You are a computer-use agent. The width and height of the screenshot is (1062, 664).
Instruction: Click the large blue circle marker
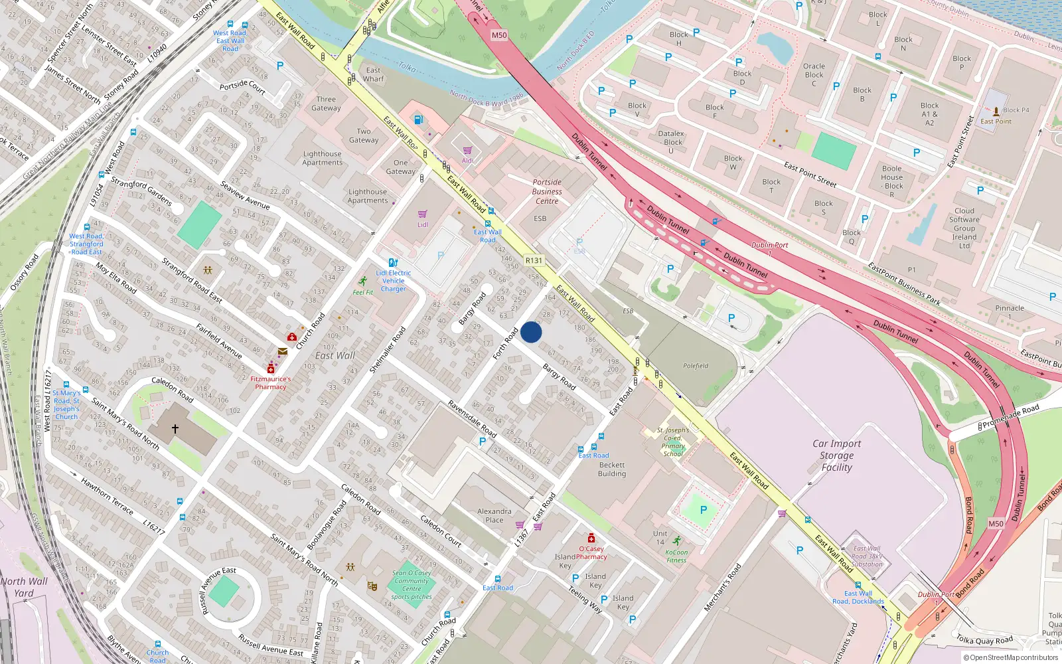pyautogui.click(x=531, y=332)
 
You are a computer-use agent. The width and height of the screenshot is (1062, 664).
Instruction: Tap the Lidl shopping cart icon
pyautogui.click(x=422, y=214)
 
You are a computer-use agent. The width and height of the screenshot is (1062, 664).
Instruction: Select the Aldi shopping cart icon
pyautogui.click(x=467, y=151)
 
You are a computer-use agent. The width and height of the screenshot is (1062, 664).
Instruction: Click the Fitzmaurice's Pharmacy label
pyautogui.click(x=270, y=382)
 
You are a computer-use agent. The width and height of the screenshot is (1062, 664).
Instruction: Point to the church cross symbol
pyautogui.click(x=175, y=429)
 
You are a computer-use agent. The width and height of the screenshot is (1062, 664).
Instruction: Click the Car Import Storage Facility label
pyautogui.click(x=836, y=456)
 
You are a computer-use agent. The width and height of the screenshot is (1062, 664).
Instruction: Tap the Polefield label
pyautogui.click(x=696, y=366)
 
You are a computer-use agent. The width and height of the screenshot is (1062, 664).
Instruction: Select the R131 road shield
pyautogui.click(x=533, y=261)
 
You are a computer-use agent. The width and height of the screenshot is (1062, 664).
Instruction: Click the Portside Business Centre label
pyautogui.click(x=547, y=191)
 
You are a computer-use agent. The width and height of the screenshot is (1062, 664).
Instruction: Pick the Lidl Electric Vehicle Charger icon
pyautogui.click(x=393, y=263)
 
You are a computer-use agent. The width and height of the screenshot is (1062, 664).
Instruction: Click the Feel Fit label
pyautogui.click(x=362, y=292)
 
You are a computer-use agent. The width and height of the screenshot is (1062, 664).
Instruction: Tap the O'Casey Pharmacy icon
pyautogui.click(x=591, y=538)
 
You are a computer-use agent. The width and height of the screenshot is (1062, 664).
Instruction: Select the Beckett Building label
pyautogui.click(x=611, y=469)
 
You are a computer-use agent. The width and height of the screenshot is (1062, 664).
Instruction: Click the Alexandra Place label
pyautogui.click(x=494, y=515)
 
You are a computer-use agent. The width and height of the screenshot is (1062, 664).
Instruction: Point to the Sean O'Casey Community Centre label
pyautogui.click(x=412, y=581)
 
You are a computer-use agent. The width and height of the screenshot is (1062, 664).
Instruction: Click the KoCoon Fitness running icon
pyautogui.click(x=676, y=540)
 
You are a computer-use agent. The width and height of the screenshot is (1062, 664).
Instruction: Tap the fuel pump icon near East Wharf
pyautogui.click(x=419, y=120)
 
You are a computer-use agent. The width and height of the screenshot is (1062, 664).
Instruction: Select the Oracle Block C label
pyautogui.click(x=814, y=74)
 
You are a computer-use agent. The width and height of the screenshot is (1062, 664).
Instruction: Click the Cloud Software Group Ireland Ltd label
pyautogui.click(x=964, y=228)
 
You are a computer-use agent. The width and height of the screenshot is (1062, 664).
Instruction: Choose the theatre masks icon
pyautogui.click(x=372, y=586)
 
